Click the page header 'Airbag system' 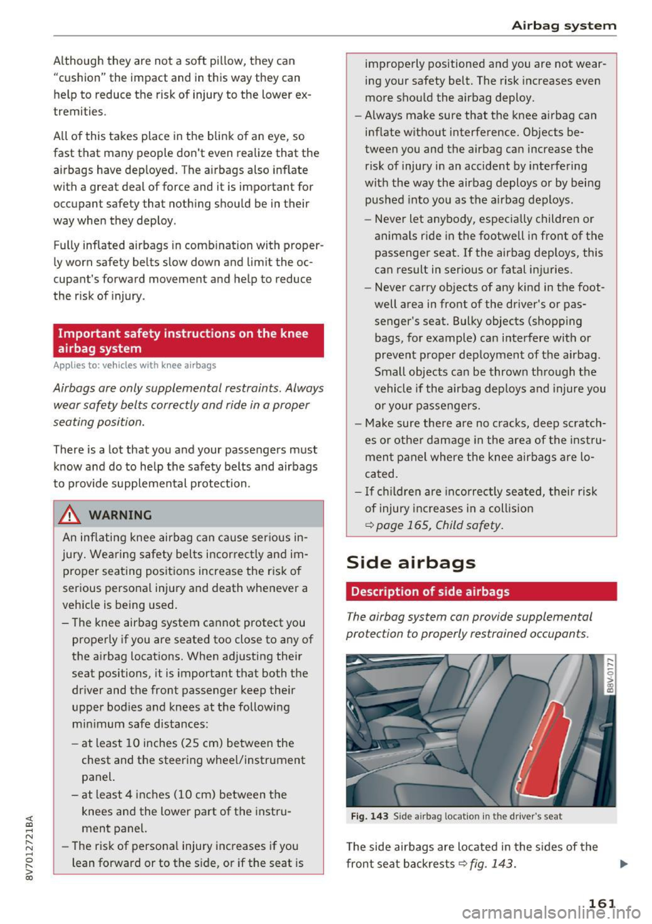click(x=564, y=26)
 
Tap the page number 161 click(x=602, y=903)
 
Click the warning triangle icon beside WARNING click(x=69, y=515)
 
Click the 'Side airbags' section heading click(x=411, y=563)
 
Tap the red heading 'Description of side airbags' click(x=430, y=591)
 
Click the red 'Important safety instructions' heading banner click(x=188, y=341)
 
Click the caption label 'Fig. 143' click(x=369, y=817)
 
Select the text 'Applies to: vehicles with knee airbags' click(x=134, y=365)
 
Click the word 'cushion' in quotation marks click(x=79, y=78)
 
